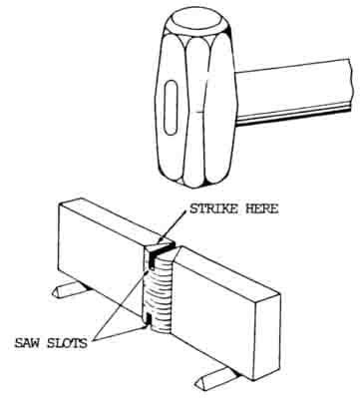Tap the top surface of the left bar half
pyautogui.click(x=110, y=219)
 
